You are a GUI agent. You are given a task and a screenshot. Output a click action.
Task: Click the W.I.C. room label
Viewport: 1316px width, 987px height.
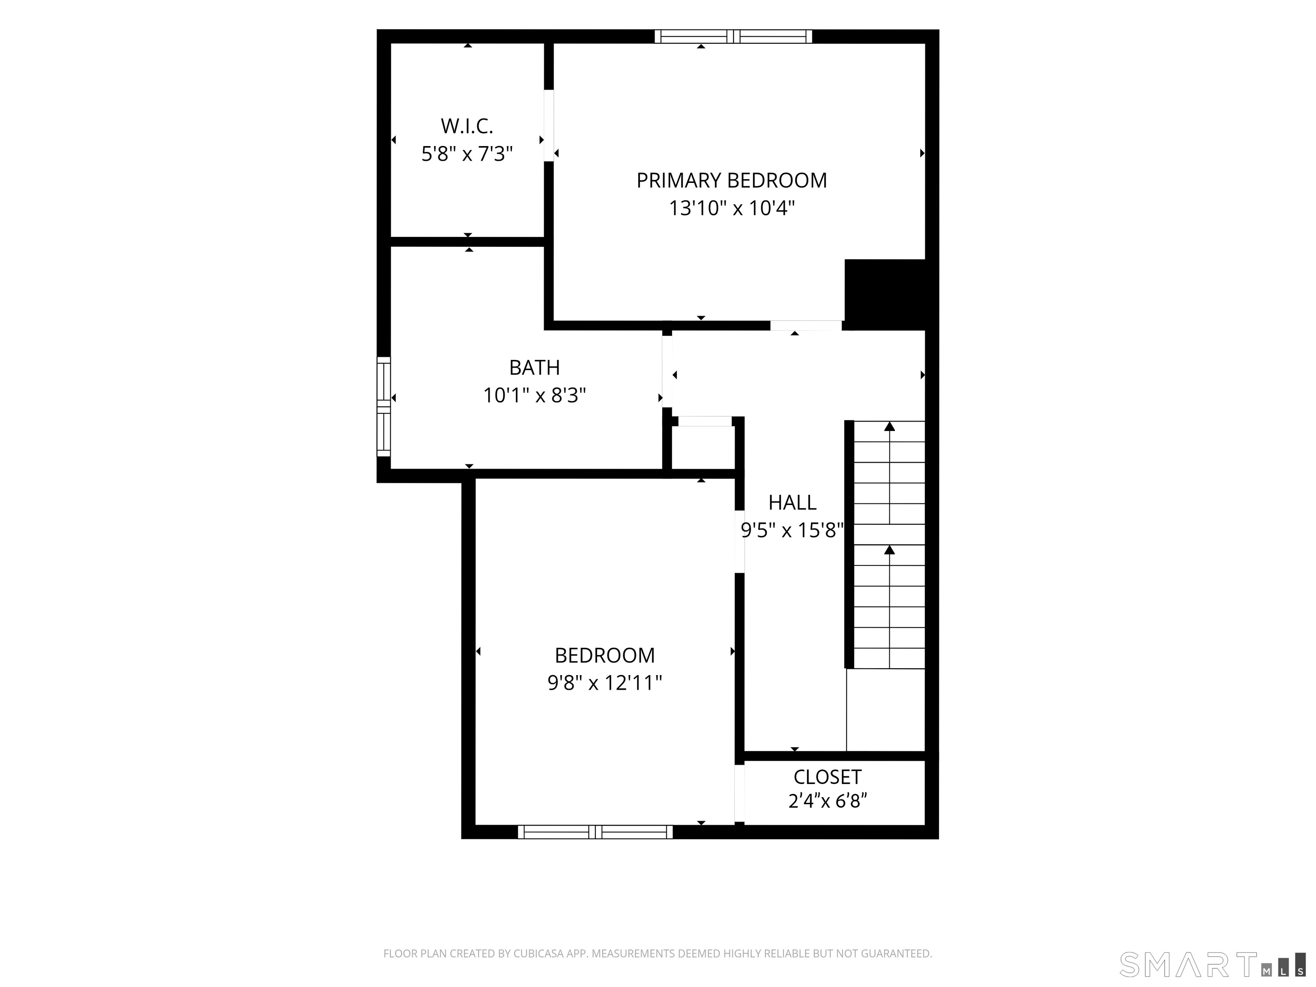[467, 126]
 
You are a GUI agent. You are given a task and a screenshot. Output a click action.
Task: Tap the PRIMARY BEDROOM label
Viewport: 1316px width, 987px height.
[732, 180]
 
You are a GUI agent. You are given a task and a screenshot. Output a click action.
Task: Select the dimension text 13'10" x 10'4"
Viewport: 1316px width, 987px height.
[732, 208]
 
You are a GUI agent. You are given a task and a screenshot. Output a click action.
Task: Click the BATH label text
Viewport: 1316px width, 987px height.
[534, 368]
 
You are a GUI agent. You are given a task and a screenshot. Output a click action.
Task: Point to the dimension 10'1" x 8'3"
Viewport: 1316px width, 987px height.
[534, 395]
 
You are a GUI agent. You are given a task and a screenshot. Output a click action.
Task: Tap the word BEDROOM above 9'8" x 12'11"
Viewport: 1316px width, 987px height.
[604, 655]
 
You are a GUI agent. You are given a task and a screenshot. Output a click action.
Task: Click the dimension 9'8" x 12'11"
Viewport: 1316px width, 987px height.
[604, 683]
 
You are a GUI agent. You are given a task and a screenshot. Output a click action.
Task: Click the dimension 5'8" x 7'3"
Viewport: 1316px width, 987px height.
[467, 154]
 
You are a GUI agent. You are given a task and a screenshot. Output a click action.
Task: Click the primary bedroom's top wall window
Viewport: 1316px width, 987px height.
[733, 36]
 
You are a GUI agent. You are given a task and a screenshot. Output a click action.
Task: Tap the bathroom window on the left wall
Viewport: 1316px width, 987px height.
[384, 407]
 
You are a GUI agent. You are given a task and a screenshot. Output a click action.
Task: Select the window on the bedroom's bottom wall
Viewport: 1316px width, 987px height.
[595, 832]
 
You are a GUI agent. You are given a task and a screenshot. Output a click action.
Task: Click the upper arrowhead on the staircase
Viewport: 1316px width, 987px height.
[889, 426]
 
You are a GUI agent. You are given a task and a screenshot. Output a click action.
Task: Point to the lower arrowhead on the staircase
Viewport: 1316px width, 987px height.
[889, 550]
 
